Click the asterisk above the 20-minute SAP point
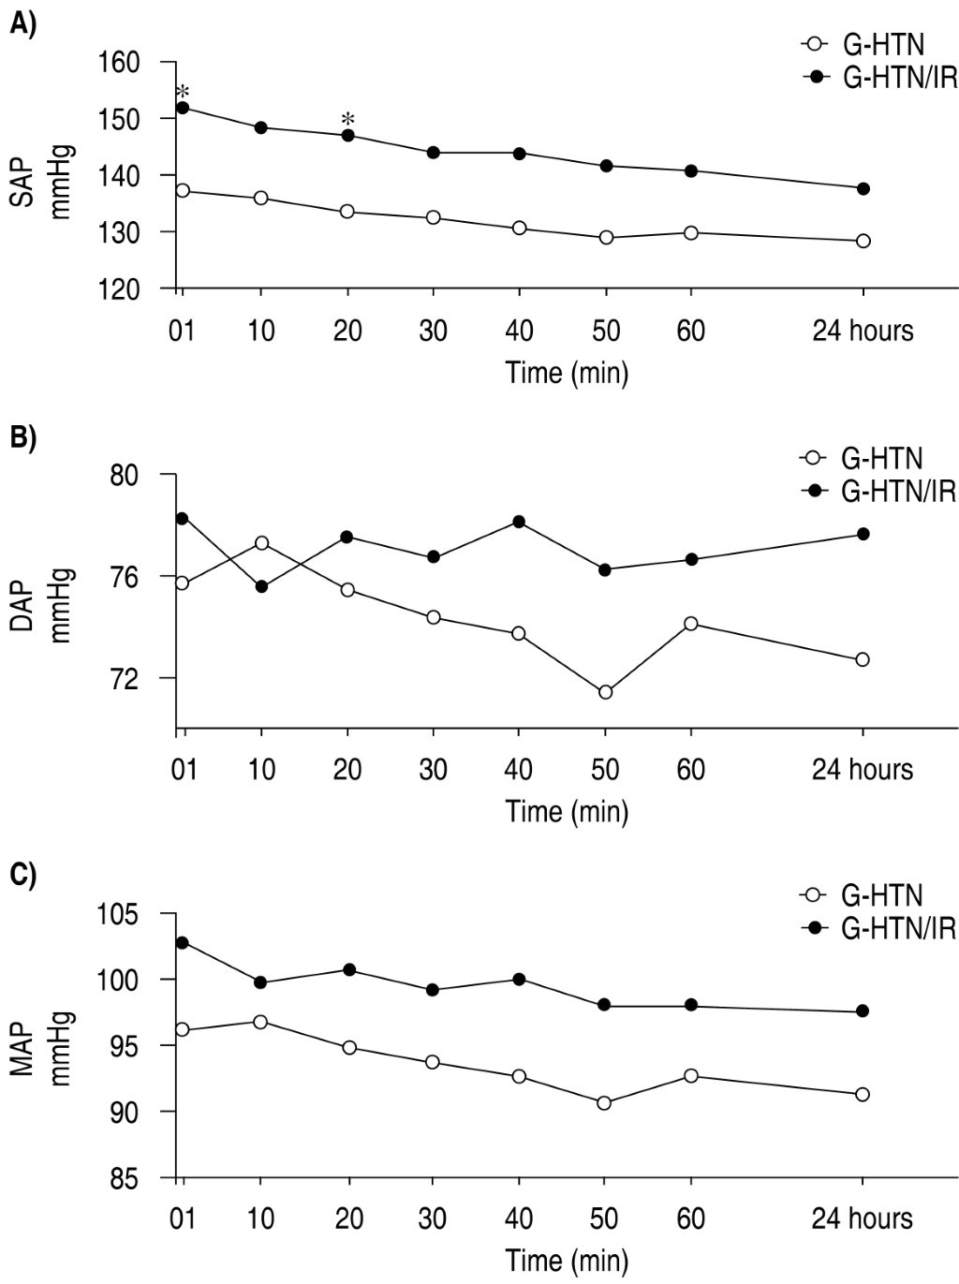(348, 119)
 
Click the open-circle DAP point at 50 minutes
(605, 692)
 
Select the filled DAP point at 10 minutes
(262, 586)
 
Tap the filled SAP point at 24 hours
(863, 188)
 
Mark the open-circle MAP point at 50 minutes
(605, 1102)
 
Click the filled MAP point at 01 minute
(183, 942)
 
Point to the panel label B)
(22, 436)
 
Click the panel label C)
(22, 875)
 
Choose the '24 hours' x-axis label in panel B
(862, 769)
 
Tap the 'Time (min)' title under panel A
(568, 372)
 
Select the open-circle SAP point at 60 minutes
(691, 232)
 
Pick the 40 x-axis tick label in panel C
(518, 1218)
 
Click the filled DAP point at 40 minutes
(519, 522)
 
